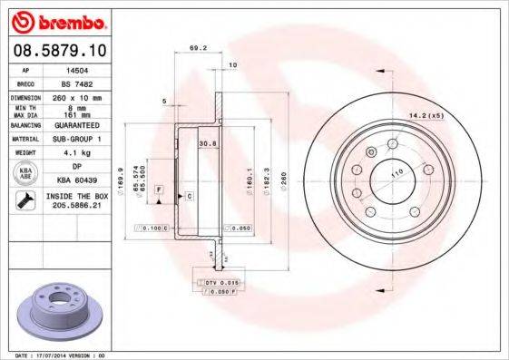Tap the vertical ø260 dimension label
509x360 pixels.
287,174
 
